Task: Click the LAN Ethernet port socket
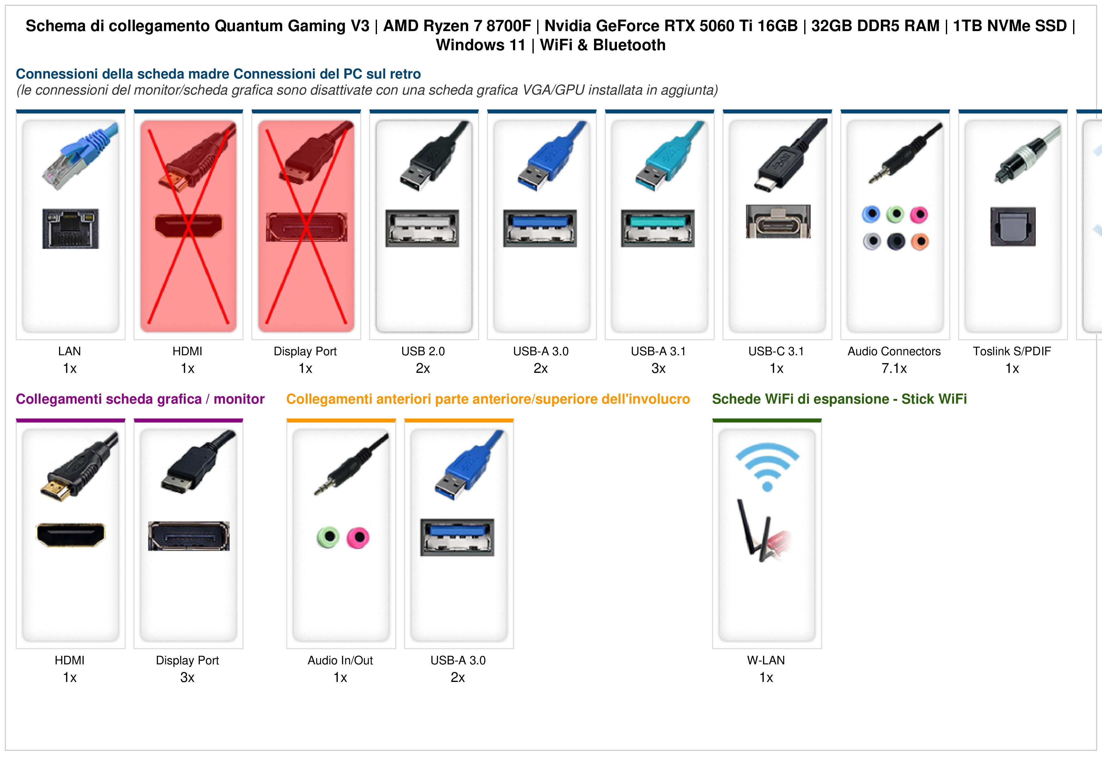(71, 228)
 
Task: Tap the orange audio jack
(919, 242)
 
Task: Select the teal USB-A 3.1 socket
(657, 228)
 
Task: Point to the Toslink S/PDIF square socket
(1013, 226)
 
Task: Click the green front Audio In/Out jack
(328, 537)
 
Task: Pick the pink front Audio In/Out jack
(358, 537)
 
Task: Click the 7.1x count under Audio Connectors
(894, 369)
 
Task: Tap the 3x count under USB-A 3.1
(658, 369)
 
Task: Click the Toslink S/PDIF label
(1012, 351)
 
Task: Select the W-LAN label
(766, 661)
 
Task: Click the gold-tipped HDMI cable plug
(79, 467)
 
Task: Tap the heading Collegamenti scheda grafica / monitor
(140, 399)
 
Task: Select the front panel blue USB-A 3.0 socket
(457, 537)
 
